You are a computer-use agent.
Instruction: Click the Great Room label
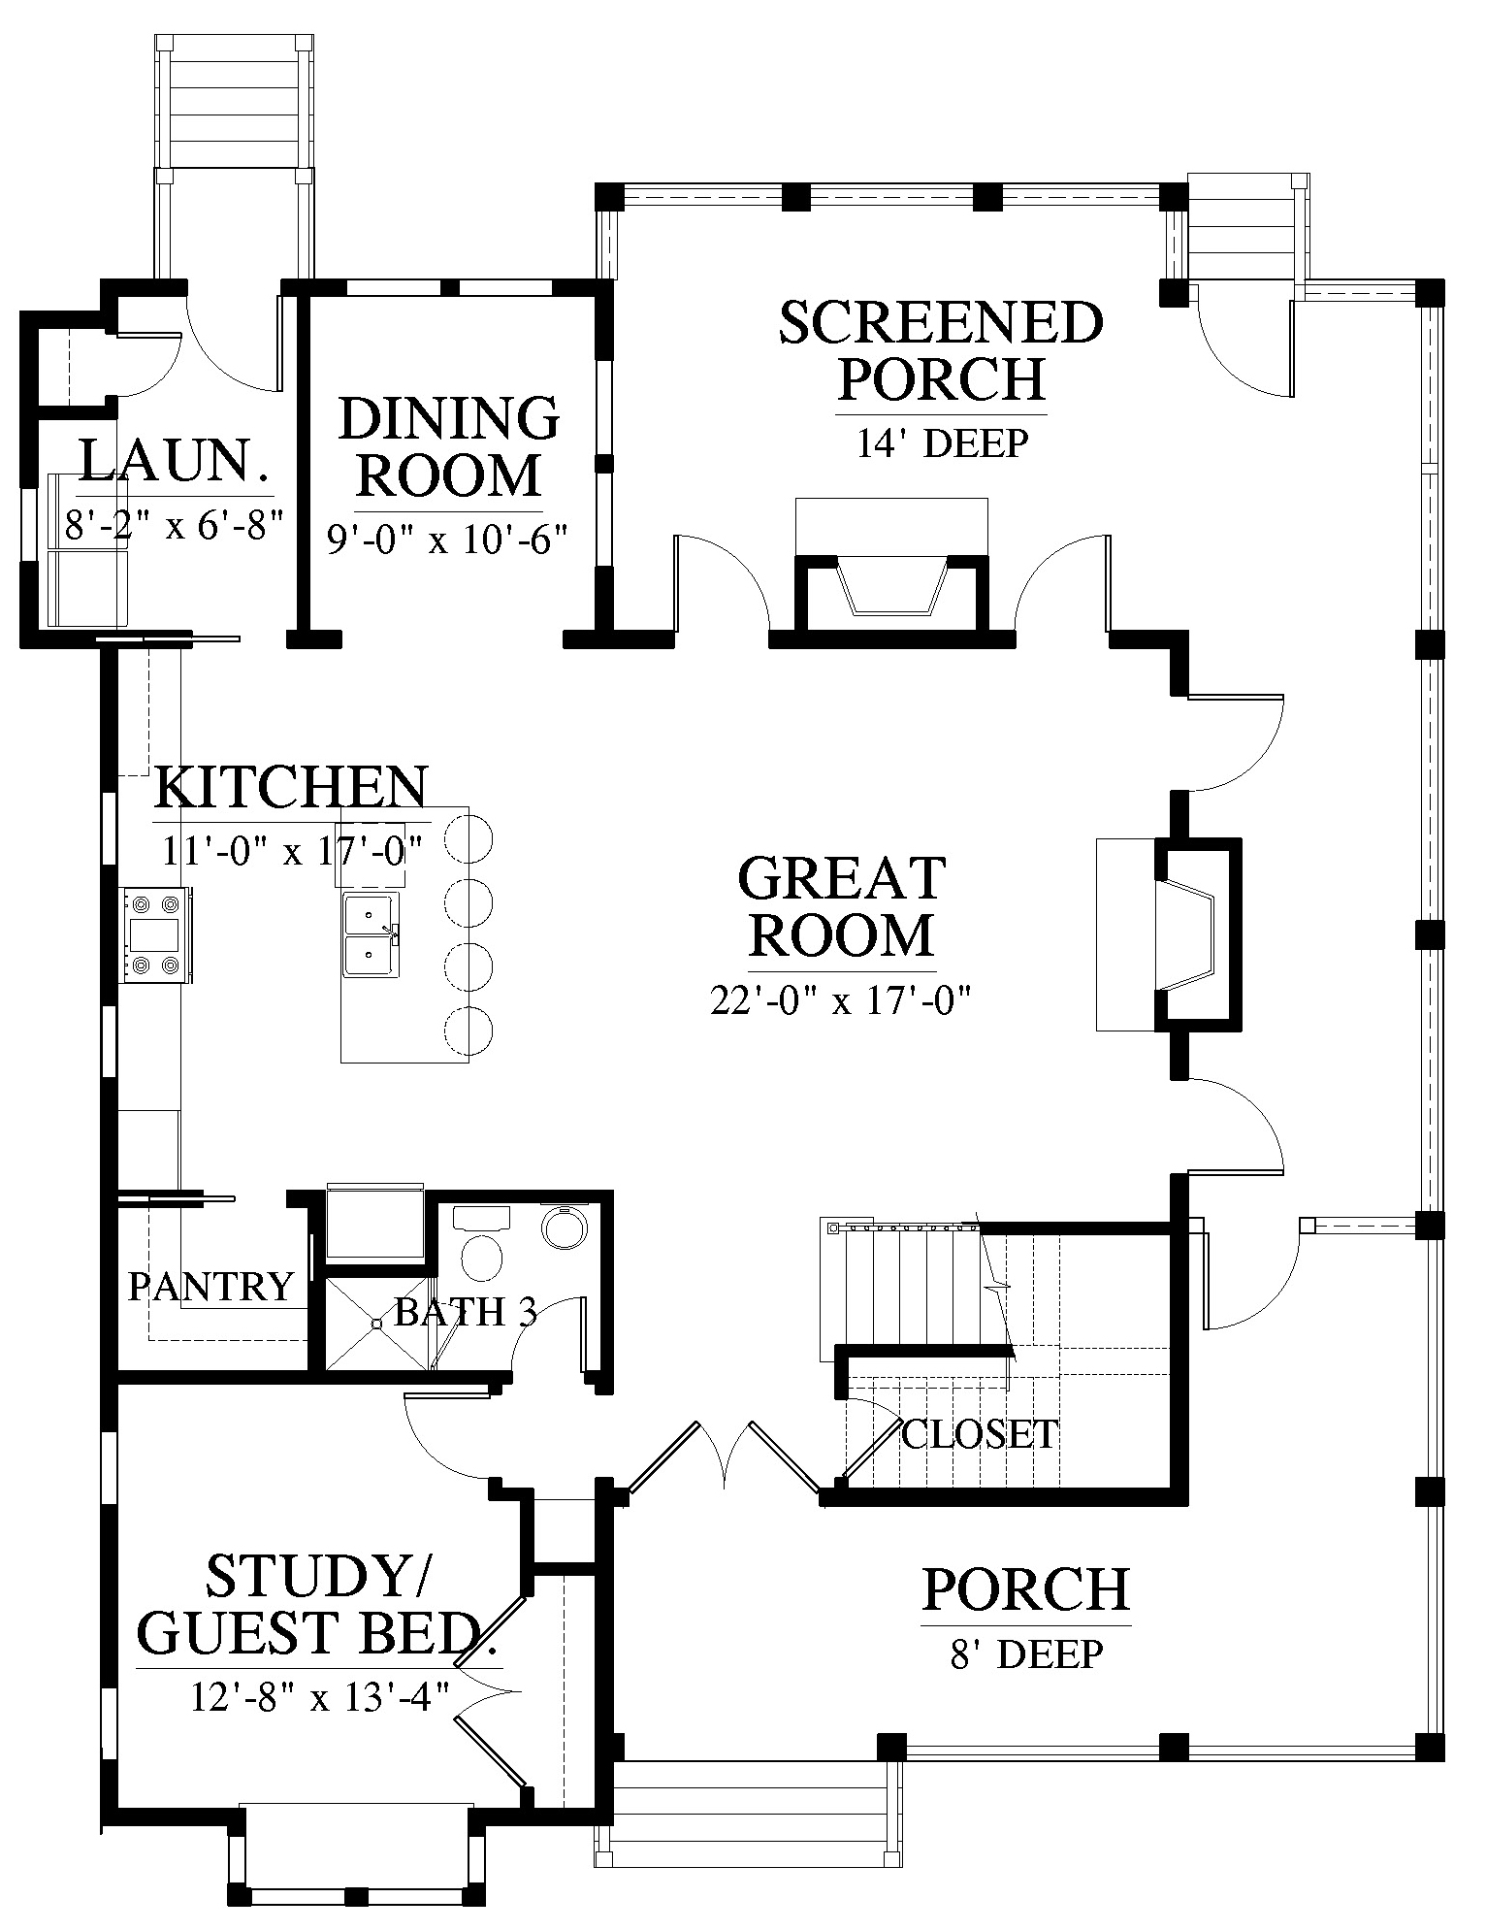click(x=842, y=906)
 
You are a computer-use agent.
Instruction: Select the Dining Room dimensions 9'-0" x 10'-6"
click(x=447, y=540)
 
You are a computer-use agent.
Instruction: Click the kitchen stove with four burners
click(x=155, y=934)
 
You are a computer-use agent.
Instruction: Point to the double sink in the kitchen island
click(x=370, y=935)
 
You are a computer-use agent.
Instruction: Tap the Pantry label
click(x=210, y=1287)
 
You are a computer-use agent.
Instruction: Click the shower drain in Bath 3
click(x=375, y=1323)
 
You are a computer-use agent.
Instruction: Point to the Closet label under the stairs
click(x=980, y=1433)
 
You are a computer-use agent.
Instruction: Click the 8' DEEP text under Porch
click(x=1026, y=1653)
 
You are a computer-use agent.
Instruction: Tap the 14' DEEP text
click(x=942, y=443)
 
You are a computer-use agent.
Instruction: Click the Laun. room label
click(x=174, y=462)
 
